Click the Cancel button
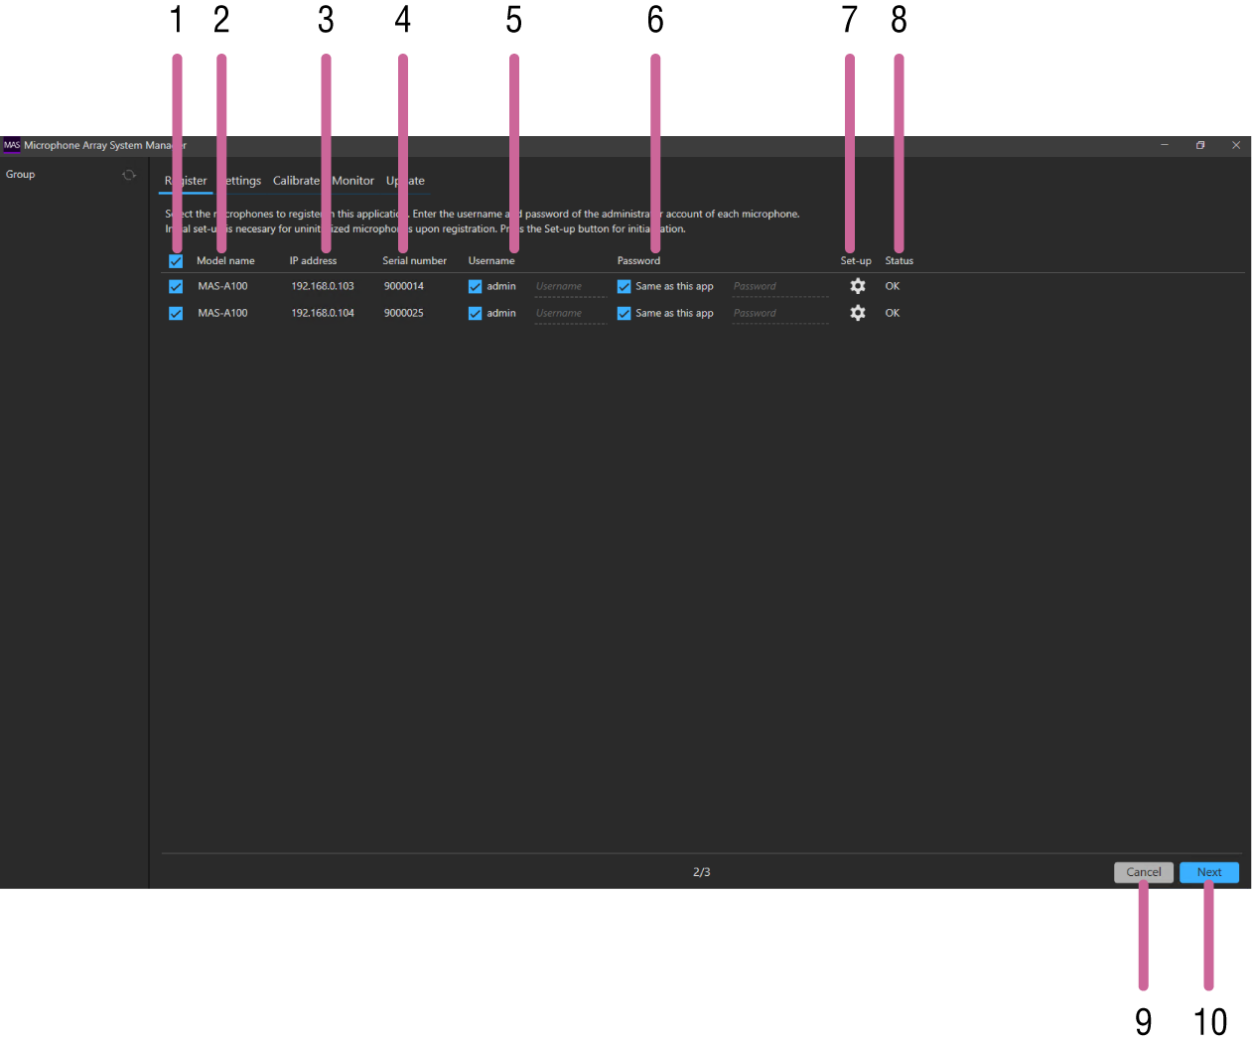(1143, 872)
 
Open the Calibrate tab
(296, 181)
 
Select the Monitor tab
(352, 181)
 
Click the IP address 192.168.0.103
(323, 286)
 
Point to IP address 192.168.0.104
(323, 313)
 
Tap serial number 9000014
(404, 286)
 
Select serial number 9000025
(404, 313)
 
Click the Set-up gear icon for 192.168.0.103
(858, 286)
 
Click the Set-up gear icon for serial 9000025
(858, 313)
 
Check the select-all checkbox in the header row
(176, 261)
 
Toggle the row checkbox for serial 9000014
(176, 286)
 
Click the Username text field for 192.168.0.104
(570, 314)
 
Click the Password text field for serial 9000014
(779, 287)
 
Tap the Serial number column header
(414, 261)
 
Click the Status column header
(899, 261)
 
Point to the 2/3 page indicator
(701, 872)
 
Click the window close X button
(1236, 145)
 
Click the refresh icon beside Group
(129, 175)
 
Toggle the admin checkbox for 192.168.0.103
(475, 286)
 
